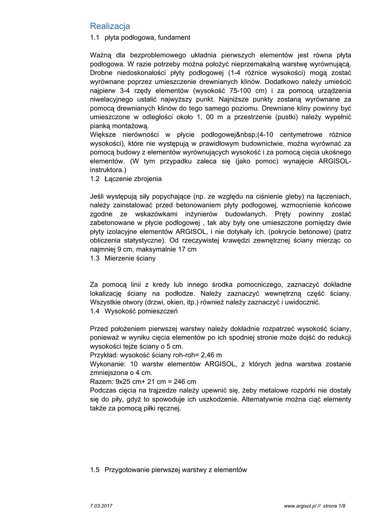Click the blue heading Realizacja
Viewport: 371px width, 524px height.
tap(110, 26)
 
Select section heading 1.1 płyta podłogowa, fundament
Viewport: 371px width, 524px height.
tap(140, 37)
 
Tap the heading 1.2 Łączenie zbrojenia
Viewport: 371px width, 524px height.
tap(126, 179)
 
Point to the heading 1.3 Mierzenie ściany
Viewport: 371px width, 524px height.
tap(123, 258)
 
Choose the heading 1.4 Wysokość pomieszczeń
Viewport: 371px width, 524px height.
tap(134, 311)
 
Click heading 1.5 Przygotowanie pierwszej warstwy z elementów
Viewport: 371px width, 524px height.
tap(168, 470)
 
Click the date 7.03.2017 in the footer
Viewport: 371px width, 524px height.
tap(101, 506)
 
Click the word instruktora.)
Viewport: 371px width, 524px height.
tap(107, 170)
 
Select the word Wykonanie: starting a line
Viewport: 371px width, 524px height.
tap(107, 364)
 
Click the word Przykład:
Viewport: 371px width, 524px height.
tap(103, 355)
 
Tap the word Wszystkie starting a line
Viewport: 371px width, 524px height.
tap(106, 302)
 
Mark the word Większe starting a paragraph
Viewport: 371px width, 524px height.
tap(103, 135)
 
